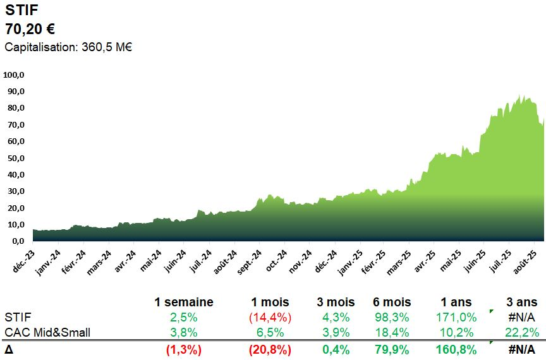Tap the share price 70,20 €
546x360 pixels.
click(x=30, y=29)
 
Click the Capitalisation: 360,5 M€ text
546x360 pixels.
click(x=68, y=47)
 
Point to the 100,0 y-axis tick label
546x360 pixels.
click(x=14, y=75)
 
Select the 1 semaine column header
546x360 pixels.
click(x=183, y=303)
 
